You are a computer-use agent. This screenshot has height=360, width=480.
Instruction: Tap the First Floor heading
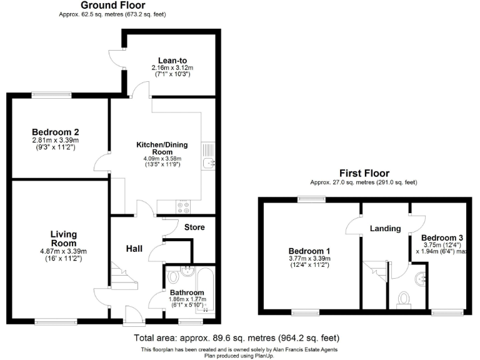pos(364,173)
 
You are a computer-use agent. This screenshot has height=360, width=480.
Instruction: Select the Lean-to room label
pos(172,61)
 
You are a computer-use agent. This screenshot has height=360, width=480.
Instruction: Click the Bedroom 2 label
pos(55,132)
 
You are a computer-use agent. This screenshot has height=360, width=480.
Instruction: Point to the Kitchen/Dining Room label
pos(162,148)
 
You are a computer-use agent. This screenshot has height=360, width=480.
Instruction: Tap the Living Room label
pos(63,238)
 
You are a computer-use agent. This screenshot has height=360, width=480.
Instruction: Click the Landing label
pos(385,228)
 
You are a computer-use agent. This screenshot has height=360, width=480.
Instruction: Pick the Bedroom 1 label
pos(309,251)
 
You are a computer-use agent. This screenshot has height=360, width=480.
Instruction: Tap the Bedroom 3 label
pos(442,238)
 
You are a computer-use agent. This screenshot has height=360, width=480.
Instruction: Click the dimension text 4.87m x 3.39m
pos(63,251)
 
